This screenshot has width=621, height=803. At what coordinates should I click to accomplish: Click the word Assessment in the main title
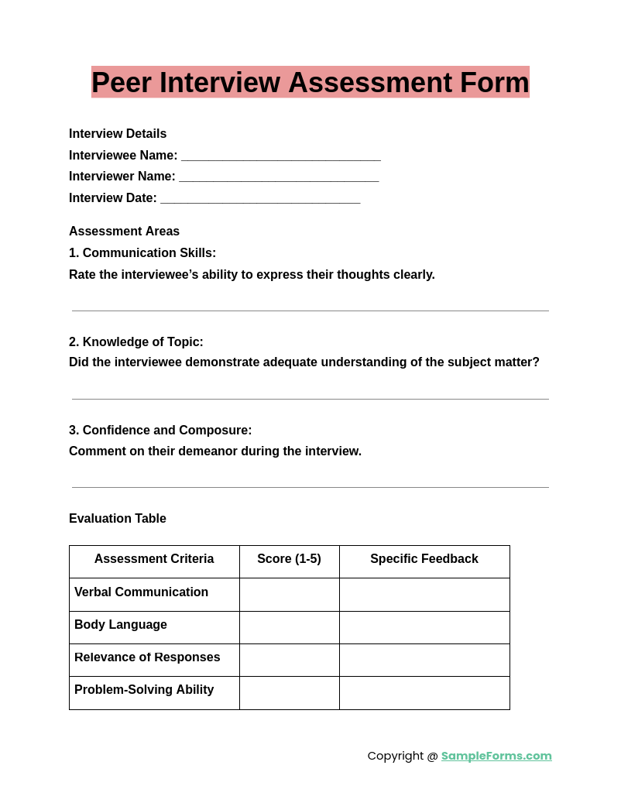pos(365,83)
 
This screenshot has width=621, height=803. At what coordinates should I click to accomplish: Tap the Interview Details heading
pos(118,134)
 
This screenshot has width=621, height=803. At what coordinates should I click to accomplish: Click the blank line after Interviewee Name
pos(280,156)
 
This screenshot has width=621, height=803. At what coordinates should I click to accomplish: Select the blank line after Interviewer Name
pos(279,177)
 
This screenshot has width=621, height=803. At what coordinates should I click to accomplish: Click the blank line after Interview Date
pos(260,199)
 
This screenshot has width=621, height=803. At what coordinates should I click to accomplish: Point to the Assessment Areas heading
pos(124,232)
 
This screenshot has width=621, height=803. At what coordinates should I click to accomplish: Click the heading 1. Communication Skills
pos(142,253)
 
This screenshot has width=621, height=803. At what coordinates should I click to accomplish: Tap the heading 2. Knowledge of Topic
pos(136,342)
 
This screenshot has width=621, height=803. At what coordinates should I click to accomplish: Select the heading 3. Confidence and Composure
pos(160,431)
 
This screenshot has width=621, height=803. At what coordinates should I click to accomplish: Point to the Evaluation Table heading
pos(118,519)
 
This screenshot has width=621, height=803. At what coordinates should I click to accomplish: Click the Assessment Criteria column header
pos(154,559)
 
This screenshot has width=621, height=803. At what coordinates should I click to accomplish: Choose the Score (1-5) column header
pos(289,559)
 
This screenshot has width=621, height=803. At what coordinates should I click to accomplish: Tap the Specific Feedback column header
pos(424,559)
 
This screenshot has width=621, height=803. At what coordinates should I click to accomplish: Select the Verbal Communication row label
pos(141,592)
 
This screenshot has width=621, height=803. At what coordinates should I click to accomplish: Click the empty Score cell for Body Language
pos(289,627)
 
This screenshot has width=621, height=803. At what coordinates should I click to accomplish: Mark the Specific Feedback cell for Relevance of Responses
pos(424,660)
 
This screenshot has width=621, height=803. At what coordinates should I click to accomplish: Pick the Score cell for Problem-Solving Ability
pos(289,692)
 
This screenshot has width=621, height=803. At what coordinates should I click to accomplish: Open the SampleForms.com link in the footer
pos(496,756)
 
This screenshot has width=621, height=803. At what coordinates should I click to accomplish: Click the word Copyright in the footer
pos(396,756)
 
